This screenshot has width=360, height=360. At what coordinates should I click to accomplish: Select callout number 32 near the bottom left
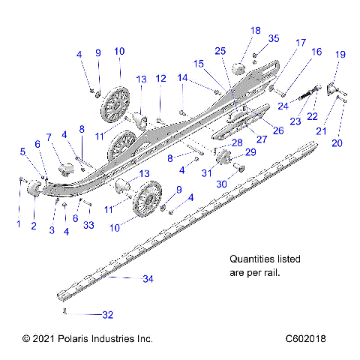pos(108,314)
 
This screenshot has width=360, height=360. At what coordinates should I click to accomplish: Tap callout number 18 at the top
pos(256,31)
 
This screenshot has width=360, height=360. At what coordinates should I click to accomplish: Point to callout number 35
pos(274,38)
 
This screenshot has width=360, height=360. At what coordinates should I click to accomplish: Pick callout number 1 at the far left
pos(19,223)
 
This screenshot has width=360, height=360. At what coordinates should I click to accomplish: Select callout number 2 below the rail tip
pos(33,225)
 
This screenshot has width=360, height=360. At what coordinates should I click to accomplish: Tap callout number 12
pos(160,79)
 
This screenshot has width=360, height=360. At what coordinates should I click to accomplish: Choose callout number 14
pos(183,77)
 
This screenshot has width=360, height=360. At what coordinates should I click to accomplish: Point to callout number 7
pos(50,137)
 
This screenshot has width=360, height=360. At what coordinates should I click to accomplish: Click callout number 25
pos(220,50)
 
